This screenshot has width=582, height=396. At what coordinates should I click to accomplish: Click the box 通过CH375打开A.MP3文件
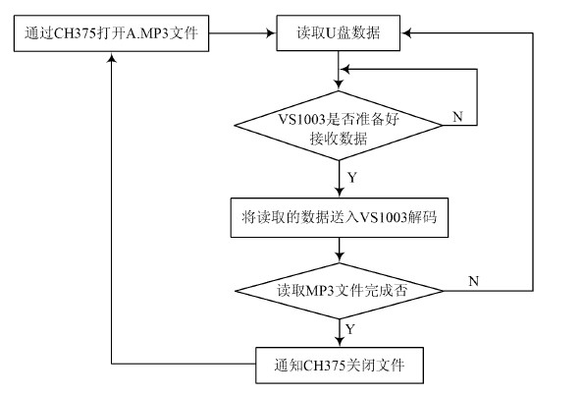coord(111,33)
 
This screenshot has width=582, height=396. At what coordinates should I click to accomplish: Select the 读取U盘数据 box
coord(339,33)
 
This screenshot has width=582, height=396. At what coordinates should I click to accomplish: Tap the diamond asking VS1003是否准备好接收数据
coord(339,126)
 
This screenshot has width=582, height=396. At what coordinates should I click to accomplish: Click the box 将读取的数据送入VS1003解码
coord(340,218)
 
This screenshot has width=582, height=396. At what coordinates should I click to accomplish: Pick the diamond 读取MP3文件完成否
coord(340,291)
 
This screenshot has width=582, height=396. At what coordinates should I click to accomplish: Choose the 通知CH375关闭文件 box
coord(340,366)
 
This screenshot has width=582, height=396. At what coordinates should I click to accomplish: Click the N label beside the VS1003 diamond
coord(457,117)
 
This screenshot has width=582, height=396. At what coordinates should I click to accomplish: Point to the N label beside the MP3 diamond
coord(474,281)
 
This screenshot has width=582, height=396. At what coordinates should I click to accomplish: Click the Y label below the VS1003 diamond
coord(352,178)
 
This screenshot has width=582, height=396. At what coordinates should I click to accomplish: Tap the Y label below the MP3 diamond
coord(350,329)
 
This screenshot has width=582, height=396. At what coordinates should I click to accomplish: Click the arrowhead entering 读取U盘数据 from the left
coord(272,33)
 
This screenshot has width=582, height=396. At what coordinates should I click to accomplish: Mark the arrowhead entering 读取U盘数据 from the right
coord(405,33)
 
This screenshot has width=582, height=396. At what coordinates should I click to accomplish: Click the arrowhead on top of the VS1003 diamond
coord(339,85)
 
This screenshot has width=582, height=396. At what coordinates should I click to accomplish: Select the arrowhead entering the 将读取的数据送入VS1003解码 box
coord(340,193)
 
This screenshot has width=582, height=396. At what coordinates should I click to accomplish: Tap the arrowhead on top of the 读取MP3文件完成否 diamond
coord(340,257)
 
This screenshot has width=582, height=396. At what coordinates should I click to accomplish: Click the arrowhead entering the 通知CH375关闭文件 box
coord(340,342)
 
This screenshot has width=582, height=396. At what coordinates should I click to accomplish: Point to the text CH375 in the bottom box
coord(325,366)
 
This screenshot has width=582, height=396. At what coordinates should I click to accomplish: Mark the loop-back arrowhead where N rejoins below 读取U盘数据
coord(345,69)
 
